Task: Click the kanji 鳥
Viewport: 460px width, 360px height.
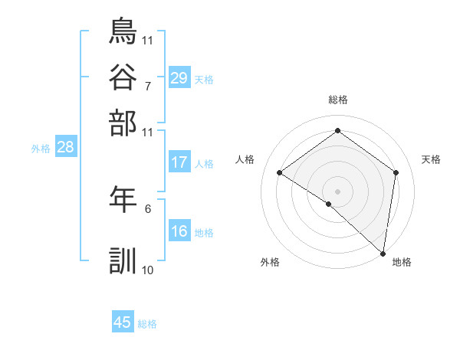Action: point(123,33)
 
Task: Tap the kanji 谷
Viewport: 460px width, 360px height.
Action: point(123,77)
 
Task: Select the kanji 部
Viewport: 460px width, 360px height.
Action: point(123,122)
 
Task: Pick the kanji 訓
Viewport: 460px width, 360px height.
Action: point(123,260)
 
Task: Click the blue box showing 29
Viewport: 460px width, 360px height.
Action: point(179,78)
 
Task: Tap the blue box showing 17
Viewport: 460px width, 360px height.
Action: point(179,162)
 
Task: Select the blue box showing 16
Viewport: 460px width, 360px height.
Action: point(179,231)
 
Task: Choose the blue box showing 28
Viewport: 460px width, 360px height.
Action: point(65,148)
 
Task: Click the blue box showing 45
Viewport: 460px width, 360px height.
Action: point(123,322)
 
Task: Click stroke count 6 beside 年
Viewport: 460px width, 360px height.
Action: point(148,208)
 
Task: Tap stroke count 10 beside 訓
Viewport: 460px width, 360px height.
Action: point(148,270)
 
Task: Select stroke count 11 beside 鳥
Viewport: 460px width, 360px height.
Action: point(148,40)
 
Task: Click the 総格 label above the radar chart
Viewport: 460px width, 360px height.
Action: point(337,100)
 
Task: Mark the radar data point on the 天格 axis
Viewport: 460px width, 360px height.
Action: point(396,172)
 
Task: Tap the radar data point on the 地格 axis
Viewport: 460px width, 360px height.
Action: point(383,253)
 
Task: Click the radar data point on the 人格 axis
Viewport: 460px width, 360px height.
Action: point(280,172)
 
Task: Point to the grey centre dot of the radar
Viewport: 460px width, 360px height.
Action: point(337,191)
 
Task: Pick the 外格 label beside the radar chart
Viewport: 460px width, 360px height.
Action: point(270,262)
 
